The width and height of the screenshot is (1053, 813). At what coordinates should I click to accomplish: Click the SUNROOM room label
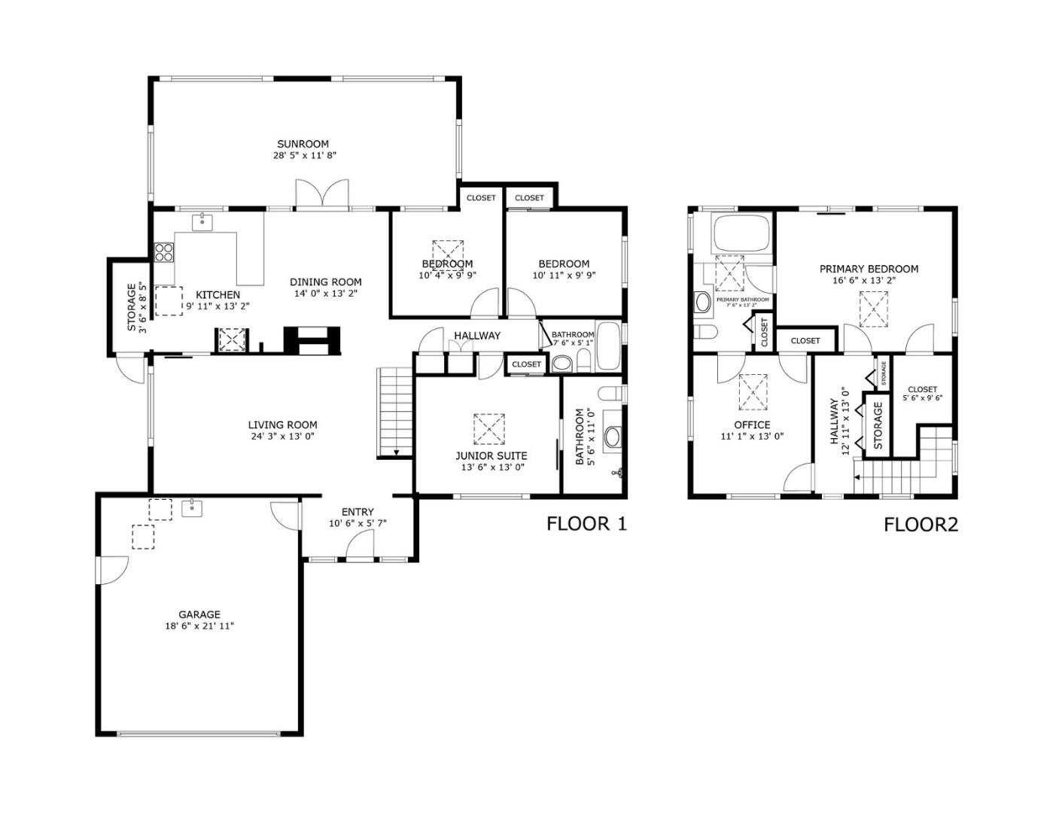303,144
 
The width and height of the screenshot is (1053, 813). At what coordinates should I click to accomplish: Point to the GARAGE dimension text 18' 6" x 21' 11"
199,626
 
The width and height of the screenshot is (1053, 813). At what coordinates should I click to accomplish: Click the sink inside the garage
192,508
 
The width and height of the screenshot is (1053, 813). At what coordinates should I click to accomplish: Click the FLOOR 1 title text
586,523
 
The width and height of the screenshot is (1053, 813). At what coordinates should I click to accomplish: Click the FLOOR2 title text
921,524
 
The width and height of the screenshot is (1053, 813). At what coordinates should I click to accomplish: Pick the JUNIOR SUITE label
491,455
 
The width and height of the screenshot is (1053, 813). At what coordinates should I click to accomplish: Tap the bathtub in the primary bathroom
741,233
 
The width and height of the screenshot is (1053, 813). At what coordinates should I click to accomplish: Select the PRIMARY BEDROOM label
869,269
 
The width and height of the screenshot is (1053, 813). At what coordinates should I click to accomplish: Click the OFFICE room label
752,425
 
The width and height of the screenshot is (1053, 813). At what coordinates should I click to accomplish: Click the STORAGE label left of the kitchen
132,306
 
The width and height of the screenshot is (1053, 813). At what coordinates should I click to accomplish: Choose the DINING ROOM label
326,282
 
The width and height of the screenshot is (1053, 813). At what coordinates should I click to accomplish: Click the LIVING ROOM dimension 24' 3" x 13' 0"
282,436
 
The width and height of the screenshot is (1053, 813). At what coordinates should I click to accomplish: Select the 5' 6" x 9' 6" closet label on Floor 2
922,398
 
